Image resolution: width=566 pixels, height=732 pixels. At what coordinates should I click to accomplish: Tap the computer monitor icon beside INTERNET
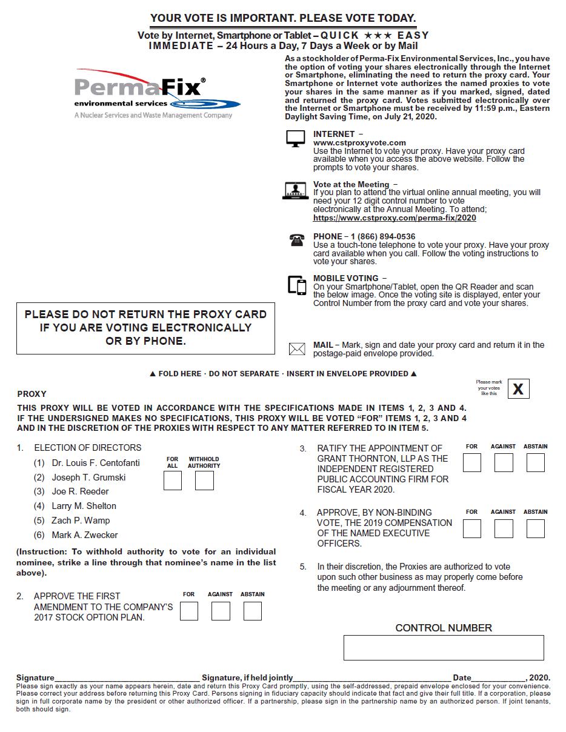(295, 139)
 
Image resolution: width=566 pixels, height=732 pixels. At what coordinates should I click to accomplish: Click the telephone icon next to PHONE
(296, 240)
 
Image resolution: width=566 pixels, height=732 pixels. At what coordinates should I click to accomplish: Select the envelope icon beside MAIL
(297, 349)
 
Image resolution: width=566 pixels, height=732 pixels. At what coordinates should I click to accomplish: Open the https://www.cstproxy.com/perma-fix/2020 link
(395, 218)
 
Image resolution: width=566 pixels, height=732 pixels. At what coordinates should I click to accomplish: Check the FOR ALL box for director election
(173, 481)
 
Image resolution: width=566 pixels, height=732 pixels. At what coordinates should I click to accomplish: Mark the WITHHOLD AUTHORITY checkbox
(204, 481)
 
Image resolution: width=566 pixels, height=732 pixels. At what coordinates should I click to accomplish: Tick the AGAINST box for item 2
(221, 611)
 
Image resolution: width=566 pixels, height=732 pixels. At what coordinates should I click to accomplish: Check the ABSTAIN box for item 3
(535, 463)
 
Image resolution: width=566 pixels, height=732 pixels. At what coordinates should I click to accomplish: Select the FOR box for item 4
(471, 528)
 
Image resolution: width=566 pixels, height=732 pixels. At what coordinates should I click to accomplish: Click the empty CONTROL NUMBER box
(444, 648)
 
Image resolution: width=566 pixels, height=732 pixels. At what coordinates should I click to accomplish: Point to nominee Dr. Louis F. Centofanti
(96, 463)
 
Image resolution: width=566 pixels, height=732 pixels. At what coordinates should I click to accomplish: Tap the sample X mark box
(518, 389)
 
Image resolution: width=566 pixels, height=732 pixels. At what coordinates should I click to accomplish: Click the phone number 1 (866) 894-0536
(382, 236)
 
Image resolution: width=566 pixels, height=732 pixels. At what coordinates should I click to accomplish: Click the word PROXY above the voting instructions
(32, 394)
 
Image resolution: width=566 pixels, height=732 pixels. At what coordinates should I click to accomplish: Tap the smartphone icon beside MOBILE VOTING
(297, 285)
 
